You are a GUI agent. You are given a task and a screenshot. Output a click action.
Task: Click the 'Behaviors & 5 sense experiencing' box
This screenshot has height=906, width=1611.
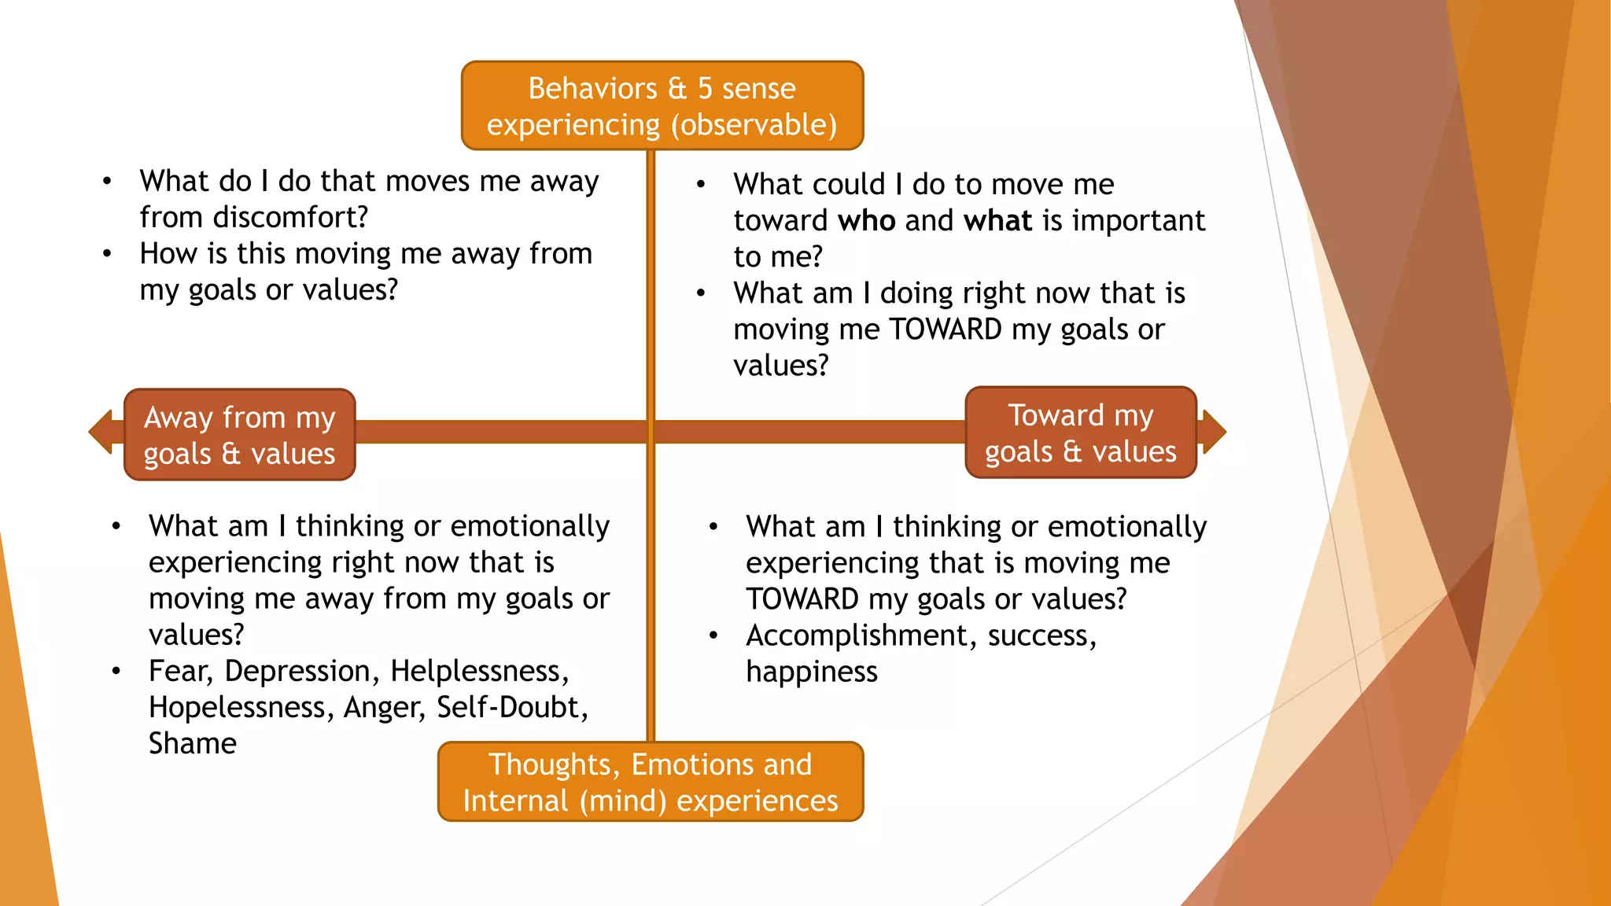point(662,105)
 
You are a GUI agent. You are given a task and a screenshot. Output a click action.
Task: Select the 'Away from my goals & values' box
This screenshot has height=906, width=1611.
point(240,435)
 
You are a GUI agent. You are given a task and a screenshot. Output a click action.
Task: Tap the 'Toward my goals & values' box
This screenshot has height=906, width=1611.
point(1081,433)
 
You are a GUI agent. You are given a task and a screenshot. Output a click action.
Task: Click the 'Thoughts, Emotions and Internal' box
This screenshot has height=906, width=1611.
point(651,782)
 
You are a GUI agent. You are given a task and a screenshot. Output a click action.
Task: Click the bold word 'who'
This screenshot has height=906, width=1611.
point(867,221)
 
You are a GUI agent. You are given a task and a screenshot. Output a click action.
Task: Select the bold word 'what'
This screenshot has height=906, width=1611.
point(997,221)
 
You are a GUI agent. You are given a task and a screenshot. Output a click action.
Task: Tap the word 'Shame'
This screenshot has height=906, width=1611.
point(193,743)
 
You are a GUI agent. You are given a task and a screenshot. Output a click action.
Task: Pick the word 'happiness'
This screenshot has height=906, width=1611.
point(811,672)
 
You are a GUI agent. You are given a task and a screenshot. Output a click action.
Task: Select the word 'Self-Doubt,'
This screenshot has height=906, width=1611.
point(512,707)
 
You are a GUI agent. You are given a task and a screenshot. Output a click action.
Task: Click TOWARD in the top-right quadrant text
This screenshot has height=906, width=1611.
point(946,330)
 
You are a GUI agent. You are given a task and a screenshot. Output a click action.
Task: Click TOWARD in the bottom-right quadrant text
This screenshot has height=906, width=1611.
point(802,599)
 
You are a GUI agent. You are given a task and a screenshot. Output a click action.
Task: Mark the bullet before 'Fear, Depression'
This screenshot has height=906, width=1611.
point(116,671)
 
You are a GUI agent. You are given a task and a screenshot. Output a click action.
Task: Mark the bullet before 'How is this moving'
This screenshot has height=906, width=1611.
point(107,253)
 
